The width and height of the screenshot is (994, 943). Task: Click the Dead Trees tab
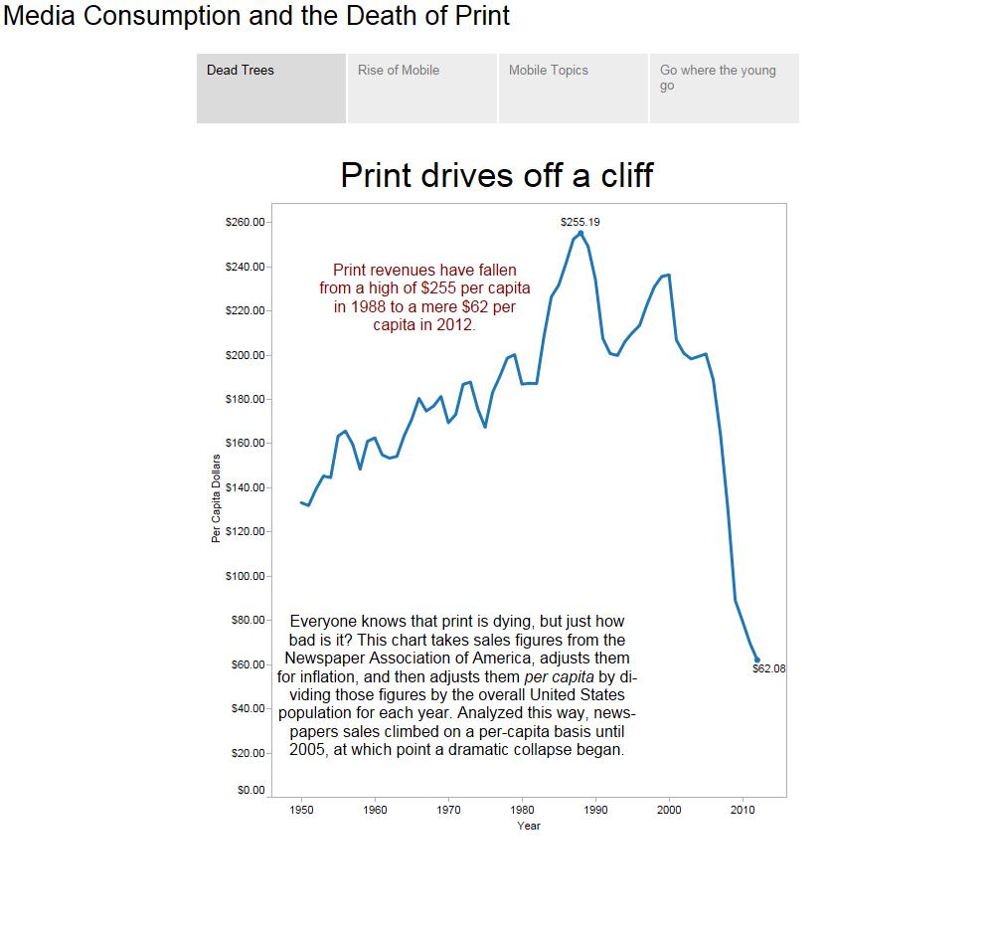tap(270, 88)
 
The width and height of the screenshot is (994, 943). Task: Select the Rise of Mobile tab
tap(421, 88)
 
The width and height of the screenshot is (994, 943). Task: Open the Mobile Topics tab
tap(573, 88)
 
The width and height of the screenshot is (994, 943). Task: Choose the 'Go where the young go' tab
tap(724, 88)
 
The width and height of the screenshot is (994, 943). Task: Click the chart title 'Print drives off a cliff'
tap(496, 175)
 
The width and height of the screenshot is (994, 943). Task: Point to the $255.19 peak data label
tap(580, 222)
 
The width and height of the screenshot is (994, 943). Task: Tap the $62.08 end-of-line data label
tap(768, 668)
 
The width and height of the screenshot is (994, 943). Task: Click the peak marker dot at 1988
tap(580, 233)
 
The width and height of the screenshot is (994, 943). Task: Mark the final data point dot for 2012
tap(757, 660)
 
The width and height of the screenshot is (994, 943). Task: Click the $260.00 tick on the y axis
tap(246, 222)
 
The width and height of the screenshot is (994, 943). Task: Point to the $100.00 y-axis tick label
tap(246, 576)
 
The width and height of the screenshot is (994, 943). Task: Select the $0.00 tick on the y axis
tap(251, 791)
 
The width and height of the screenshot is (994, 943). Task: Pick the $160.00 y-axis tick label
tap(246, 443)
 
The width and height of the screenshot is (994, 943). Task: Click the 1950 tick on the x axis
tap(301, 810)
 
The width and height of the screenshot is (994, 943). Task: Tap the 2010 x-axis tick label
tap(743, 810)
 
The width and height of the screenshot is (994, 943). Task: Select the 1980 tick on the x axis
tap(522, 810)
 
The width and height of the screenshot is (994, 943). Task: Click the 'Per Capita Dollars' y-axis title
tap(216, 498)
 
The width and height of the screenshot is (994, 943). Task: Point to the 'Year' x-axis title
tap(529, 826)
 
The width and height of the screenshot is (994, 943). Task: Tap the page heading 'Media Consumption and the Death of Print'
tap(256, 16)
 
